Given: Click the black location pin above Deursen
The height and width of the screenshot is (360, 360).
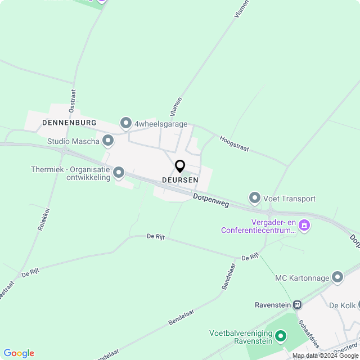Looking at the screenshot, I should pos(180,166).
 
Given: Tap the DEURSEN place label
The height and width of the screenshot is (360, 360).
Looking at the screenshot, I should pos(180,180).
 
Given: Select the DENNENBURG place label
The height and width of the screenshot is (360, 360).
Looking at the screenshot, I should pos(69,122).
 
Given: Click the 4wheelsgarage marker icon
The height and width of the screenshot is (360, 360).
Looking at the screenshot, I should pos(125,123).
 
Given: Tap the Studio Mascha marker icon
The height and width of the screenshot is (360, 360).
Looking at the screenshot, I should pos(107,141).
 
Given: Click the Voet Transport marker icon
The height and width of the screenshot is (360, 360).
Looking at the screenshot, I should pos(255,198).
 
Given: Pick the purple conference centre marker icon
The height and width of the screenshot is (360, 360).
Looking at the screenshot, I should pos(304,225).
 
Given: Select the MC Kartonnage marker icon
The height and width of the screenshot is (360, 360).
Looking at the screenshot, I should pos(337,277).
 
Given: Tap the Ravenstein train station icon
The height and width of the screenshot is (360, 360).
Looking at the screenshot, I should pos(297,305).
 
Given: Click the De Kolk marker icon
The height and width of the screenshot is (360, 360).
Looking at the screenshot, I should pos(352,305).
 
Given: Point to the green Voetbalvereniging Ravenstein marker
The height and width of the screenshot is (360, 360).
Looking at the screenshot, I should pos(280,336).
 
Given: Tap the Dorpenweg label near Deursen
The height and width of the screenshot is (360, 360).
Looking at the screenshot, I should pos(211,201).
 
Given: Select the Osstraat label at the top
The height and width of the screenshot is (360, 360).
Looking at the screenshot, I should pos(72,101).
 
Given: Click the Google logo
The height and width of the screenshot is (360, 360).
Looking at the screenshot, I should pos(19,353).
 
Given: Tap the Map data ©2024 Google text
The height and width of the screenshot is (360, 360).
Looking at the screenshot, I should pos(325,355).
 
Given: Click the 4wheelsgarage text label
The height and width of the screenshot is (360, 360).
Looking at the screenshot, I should pos(161,124).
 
